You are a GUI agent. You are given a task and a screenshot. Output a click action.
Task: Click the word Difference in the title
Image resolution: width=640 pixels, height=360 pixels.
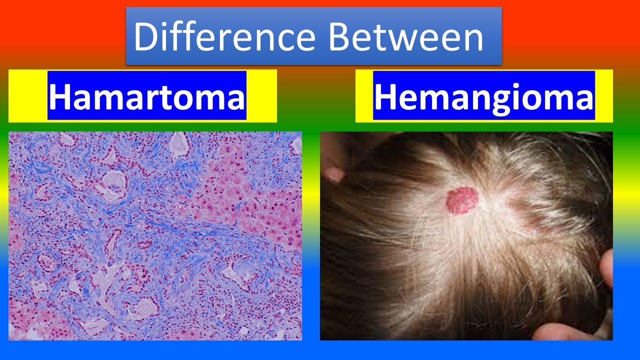(x=224, y=37)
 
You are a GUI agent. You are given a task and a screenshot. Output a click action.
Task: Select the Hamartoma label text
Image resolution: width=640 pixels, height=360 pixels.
(x=147, y=97)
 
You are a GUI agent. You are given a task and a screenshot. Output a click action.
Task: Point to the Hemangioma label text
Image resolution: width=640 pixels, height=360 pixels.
(x=483, y=97)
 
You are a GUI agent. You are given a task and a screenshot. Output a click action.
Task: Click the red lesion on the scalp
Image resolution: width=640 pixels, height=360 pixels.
(x=462, y=200)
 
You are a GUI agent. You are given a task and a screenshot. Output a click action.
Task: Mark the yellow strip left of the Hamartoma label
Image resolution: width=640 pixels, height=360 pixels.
(x=28, y=96)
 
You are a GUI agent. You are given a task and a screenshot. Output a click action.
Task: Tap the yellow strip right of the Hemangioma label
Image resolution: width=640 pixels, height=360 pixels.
(x=603, y=96)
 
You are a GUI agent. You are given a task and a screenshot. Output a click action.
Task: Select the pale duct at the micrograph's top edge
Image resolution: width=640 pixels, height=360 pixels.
(x=178, y=142)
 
